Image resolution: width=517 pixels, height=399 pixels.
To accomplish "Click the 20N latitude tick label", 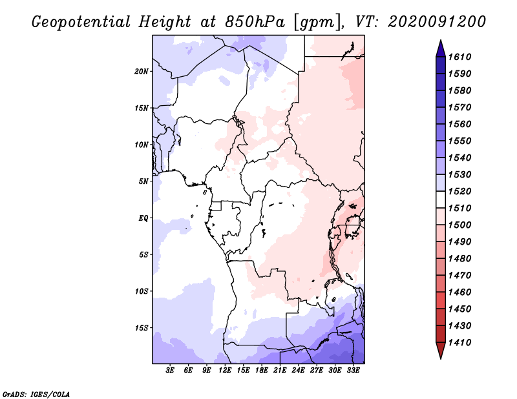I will point(142,71).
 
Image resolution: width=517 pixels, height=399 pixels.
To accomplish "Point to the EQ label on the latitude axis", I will point(143,218).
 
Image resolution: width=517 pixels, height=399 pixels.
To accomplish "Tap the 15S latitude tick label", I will point(142,328).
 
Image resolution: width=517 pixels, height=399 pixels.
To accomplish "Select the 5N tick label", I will point(143,181).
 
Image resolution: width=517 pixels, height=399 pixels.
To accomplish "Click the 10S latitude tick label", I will point(142,291).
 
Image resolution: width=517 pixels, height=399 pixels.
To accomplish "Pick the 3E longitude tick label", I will point(171,371).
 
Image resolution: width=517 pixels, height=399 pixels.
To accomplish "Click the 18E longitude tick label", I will point(262,371).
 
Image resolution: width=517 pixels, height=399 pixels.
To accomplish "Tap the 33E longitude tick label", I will point(353,371).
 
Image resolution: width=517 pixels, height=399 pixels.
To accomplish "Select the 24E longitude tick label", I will point(298,371).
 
